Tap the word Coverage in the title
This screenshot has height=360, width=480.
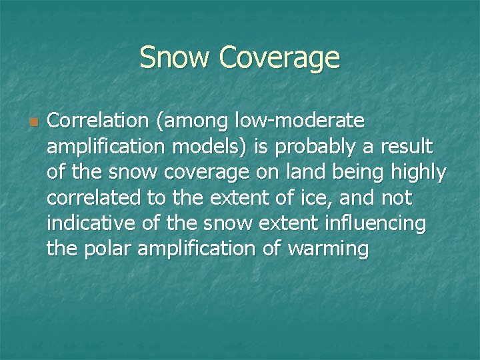279,59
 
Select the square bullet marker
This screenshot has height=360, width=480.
33,123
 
